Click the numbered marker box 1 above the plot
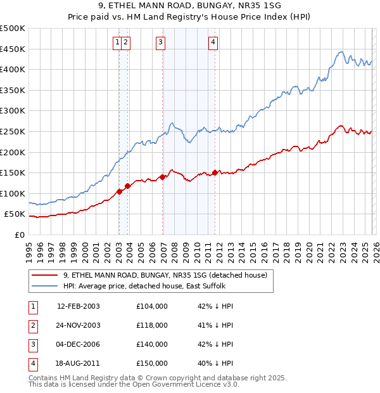coord(118,42)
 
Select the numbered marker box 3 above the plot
coord(160,42)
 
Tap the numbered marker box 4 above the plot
coord(213,42)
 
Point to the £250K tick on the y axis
coord(13,131)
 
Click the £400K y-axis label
coord(13,69)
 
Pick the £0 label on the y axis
coord(20,235)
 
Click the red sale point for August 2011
coord(215,172)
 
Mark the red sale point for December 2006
coord(163,177)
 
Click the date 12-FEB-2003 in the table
coord(79,306)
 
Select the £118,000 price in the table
coord(151,325)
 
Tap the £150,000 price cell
coord(151,363)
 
